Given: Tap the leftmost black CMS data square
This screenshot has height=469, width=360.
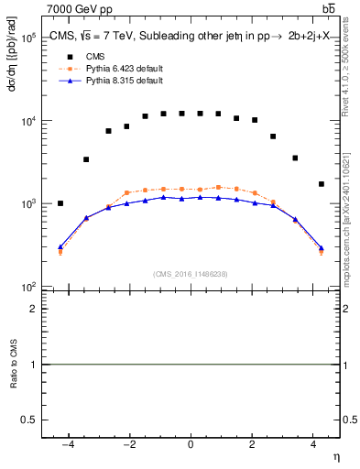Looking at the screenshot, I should point(60,203).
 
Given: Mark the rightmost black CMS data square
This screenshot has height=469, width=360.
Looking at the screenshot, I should point(321,184).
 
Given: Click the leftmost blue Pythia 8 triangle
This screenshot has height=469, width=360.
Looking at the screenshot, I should point(60,246).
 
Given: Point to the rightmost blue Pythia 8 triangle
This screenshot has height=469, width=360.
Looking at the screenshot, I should point(321,247).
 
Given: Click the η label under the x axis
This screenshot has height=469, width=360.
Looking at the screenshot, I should point(335,457).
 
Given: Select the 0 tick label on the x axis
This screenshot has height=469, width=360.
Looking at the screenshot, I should point(191,444).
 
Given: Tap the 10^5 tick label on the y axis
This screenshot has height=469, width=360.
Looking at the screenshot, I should point(27,38).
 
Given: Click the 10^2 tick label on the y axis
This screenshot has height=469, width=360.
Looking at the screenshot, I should point(27,287).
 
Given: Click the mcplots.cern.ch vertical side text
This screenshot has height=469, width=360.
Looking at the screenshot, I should point(349,229).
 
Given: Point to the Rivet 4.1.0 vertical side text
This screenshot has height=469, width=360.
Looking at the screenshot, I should point(349,64).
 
